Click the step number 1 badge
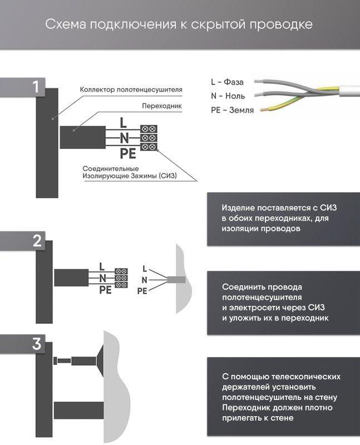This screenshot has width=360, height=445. click(36, 87)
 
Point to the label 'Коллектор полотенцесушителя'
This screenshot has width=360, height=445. click(131, 89)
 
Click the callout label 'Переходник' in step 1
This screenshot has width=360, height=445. click(162, 105)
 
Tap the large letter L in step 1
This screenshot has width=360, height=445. click(124, 122)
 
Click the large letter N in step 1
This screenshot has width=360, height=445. click(125, 137)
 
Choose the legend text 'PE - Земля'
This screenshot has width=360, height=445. click(232, 110)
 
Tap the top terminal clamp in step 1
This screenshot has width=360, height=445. click(149, 128)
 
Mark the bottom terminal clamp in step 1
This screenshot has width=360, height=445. click(149, 146)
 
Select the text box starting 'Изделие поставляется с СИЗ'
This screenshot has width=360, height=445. click(283, 218)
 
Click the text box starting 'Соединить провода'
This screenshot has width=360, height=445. click(283, 303)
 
